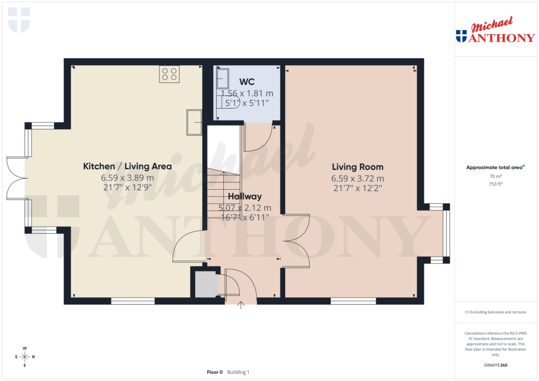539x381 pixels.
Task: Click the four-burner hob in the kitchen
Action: [x=169, y=74]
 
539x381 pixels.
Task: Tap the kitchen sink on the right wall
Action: [x=194, y=122]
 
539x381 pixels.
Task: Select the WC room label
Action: [x=247, y=82]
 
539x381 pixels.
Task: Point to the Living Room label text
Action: [x=357, y=167]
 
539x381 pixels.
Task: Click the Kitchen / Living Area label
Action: [x=127, y=167]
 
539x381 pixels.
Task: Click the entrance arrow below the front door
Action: [x=242, y=305]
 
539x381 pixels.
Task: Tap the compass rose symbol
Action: [x=24, y=357]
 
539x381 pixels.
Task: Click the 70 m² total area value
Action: [x=495, y=177]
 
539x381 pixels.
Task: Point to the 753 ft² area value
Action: [x=495, y=184]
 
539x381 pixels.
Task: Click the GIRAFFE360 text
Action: [x=495, y=365]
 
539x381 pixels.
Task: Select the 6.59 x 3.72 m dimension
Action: [x=357, y=179]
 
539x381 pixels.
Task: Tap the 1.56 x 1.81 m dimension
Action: [x=247, y=93]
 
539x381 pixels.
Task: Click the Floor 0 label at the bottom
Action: [x=215, y=372]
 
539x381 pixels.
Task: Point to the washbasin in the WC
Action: [x=222, y=78]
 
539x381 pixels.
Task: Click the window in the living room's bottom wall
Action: [x=353, y=301]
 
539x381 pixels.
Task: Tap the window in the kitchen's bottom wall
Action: [x=133, y=301]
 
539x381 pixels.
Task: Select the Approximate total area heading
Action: [x=495, y=168]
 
